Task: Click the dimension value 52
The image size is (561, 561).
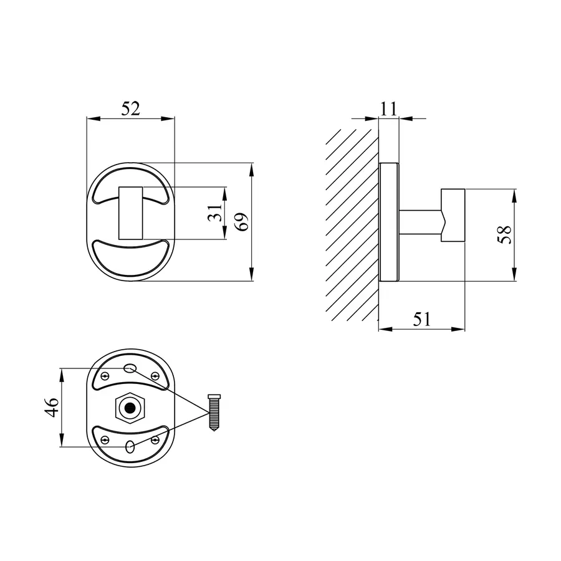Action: (x=131, y=108)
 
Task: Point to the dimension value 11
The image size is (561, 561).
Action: (x=388, y=108)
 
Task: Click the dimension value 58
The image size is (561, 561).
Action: (x=504, y=235)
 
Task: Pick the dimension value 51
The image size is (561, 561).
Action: (x=422, y=319)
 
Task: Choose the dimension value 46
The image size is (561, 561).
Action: (x=52, y=407)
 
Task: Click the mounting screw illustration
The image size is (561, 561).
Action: (x=214, y=412)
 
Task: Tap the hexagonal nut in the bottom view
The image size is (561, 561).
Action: (x=130, y=408)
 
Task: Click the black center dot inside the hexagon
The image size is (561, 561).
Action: (x=130, y=408)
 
